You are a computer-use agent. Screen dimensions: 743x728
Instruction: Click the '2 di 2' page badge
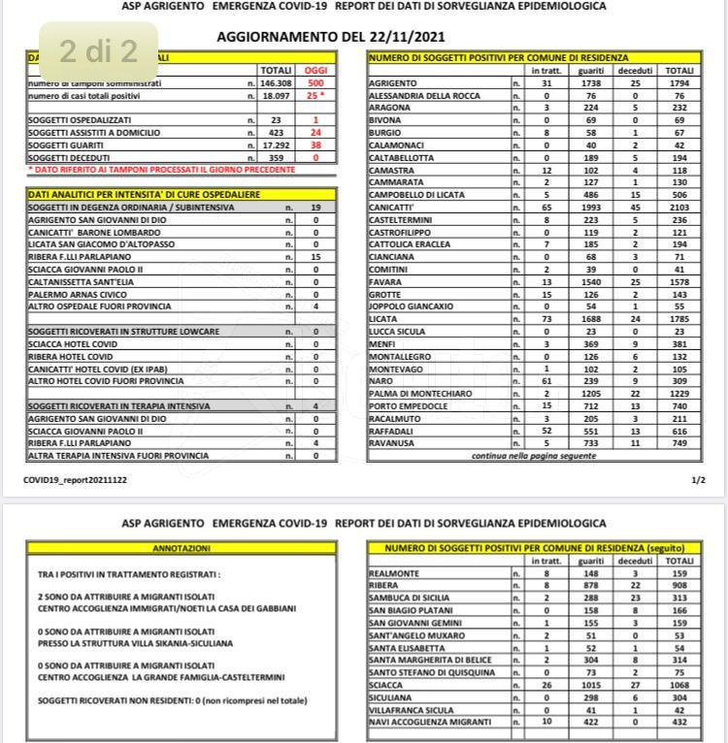coord(98,50)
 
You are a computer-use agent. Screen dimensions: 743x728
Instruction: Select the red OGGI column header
coord(315,71)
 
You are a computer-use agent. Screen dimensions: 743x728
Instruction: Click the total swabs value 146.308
coord(276,84)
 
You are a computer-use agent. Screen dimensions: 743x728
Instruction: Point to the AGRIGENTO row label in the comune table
coord(394,84)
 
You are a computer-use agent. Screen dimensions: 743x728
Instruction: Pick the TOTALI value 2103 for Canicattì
coord(679,208)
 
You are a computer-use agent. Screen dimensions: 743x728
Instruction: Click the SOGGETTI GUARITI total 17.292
coord(276,144)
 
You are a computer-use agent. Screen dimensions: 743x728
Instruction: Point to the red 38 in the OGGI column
coord(315,144)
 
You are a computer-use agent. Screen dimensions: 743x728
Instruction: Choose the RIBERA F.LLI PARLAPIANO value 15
coord(315,256)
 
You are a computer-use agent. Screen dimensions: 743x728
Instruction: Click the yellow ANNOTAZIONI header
coord(182,548)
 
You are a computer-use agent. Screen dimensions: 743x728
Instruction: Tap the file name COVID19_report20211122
coord(76,479)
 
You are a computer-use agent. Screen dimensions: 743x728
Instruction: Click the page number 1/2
coord(698,479)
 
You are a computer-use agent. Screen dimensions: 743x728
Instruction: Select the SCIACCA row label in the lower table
coord(388,685)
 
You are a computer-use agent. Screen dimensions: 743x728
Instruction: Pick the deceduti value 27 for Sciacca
coord(635,685)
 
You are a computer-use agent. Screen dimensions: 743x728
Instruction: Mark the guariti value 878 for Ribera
coord(591,586)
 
